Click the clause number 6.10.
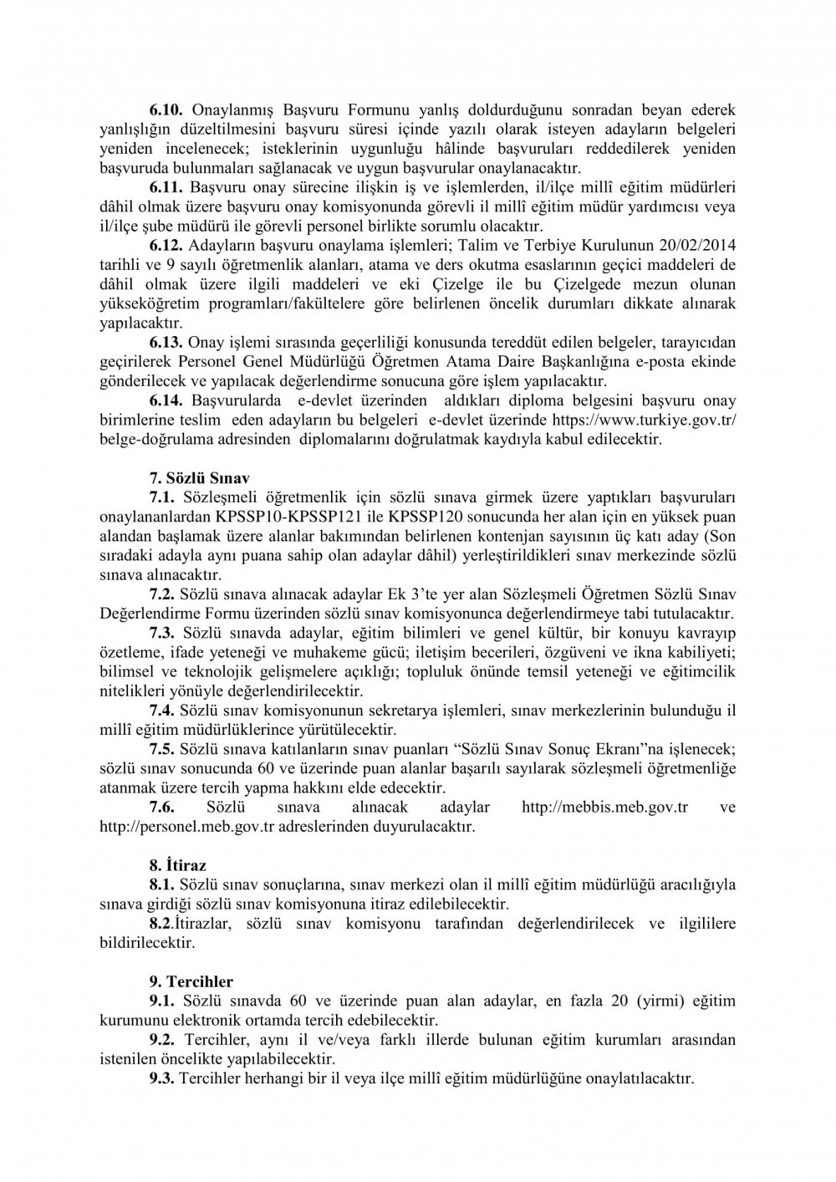coord(166,108)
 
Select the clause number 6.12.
coord(166,245)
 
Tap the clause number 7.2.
coord(161,594)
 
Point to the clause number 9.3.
coord(161,1078)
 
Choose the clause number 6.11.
coord(166,187)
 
